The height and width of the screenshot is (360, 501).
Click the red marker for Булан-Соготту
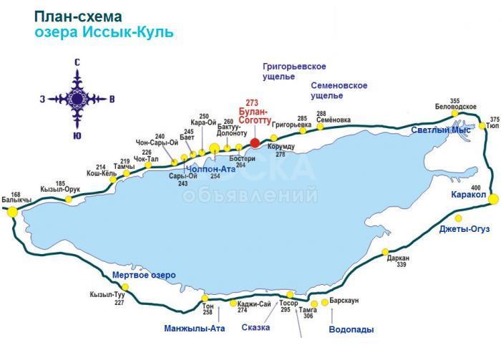coord(255,142)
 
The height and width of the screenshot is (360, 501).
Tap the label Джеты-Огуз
coord(464,229)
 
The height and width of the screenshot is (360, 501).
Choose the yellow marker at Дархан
coord(385,252)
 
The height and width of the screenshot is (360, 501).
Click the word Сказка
coord(256,328)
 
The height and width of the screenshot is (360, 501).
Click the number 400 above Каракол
coord(476,187)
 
